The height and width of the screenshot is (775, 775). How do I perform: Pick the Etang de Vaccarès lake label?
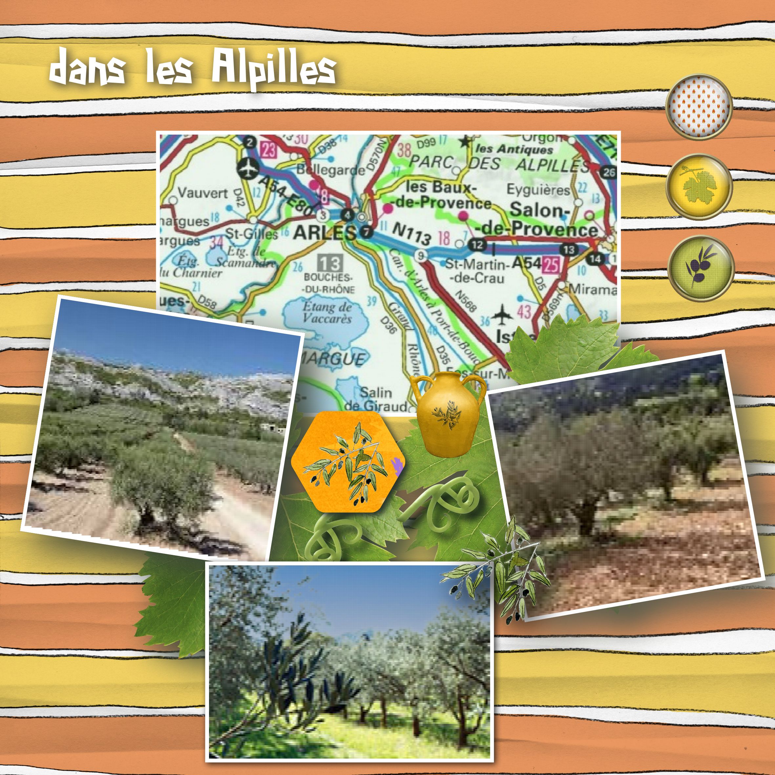[327, 312]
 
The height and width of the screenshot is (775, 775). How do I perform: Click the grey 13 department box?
[330, 263]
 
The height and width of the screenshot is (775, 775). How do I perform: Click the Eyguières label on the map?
[538, 189]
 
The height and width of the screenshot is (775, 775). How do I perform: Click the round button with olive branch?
[701, 268]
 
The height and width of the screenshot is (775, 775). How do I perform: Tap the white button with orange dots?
[699, 107]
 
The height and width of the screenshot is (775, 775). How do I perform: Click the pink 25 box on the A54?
[552, 265]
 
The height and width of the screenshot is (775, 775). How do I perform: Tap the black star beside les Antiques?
[465, 141]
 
